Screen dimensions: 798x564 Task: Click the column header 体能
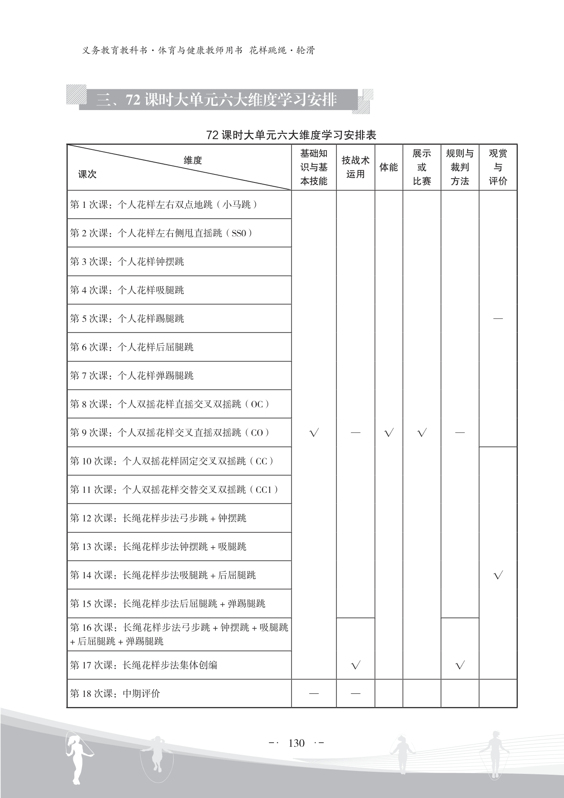point(388,167)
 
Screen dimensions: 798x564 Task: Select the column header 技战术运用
point(355,167)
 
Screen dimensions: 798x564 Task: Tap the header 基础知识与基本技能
point(314,167)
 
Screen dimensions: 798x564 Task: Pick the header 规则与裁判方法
point(460,167)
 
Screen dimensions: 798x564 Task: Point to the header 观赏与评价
point(498,167)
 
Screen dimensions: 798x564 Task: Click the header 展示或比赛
point(422,167)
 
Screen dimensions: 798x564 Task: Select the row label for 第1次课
point(164,205)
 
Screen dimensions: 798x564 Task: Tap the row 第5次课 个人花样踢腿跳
point(127,319)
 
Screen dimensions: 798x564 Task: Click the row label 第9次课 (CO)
point(169,433)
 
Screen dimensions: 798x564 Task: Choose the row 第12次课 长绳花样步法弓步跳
point(158,518)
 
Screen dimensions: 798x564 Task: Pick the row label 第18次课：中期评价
point(115,694)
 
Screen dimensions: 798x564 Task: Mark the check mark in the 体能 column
point(389,433)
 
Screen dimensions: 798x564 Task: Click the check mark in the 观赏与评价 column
point(498,575)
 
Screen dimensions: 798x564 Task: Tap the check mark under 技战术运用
point(356,665)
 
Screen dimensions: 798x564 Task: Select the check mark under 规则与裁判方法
point(460,665)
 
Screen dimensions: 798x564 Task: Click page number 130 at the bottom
point(296,743)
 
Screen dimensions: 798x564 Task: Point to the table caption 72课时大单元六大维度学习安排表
point(291,135)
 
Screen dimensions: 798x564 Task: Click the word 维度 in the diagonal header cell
point(193,160)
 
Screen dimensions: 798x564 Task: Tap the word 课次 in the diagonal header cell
point(87,174)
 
